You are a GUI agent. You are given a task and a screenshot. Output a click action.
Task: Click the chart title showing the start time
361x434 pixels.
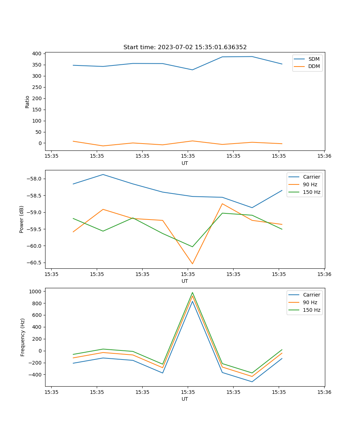pos(185,47)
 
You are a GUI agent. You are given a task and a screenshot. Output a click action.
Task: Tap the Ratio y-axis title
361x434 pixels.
pos(27,102)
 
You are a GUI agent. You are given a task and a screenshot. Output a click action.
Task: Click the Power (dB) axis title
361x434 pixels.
pos(22,219)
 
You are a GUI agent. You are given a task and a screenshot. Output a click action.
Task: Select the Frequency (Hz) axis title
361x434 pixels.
pos(22,337)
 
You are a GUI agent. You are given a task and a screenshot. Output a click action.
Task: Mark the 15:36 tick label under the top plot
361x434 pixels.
pos(324,156)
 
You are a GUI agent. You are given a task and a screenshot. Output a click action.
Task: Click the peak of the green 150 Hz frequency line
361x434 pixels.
pos(192,293)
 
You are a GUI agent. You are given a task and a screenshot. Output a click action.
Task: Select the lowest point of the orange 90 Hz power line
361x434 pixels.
pos(192,264)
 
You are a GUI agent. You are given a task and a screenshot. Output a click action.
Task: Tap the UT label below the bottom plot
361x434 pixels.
pos(185,399)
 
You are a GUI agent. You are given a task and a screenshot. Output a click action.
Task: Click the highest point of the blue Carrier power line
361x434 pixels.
pos(103,175)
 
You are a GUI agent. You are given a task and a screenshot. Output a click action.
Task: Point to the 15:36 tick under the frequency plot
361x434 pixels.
pos(324,392)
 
